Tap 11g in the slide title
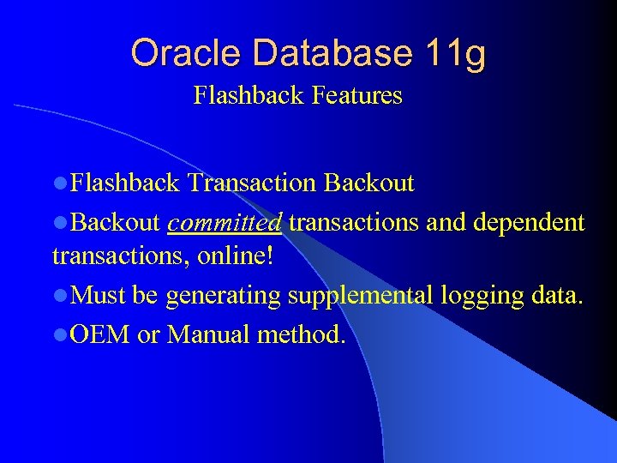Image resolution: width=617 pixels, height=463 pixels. (x=455, y=55)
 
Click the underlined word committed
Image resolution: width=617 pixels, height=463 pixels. (x=225, y=223)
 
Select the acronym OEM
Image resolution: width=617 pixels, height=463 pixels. (x=99, y=334)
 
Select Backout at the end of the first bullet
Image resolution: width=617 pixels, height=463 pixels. (x=369, y=183)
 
